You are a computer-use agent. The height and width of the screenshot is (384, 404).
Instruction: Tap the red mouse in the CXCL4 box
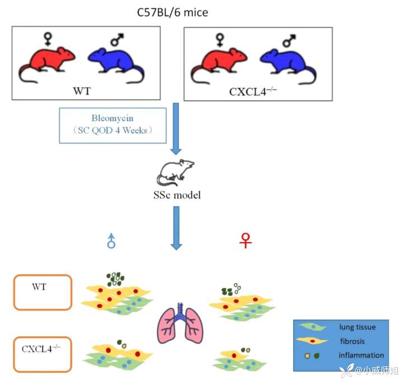point(219,63)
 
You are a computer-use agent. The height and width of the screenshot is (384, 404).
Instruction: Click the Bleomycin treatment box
point(113,125)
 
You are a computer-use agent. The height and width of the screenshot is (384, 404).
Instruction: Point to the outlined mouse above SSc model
point(175,173)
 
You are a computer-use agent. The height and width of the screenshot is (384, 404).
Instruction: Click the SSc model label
point(177,195)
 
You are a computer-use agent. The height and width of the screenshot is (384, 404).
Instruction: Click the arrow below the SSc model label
point(177,228)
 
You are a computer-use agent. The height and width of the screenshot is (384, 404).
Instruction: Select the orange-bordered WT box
point(43,292)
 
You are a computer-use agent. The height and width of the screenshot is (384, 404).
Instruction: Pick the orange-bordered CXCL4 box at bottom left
point(43,354)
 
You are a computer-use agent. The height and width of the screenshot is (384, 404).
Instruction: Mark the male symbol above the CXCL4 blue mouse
point(290,40)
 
